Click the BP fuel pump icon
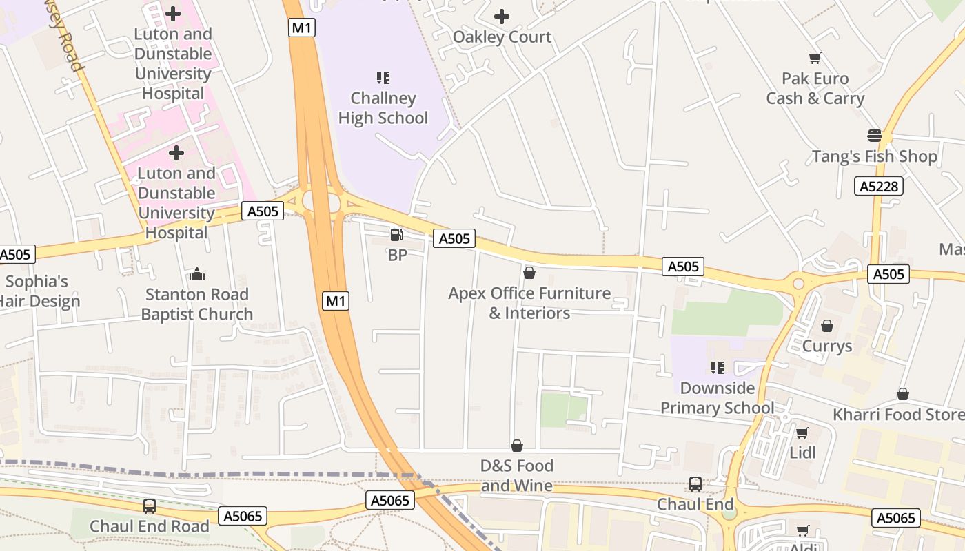pos(396,235)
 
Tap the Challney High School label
pos(383,108)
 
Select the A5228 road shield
pos(878,186)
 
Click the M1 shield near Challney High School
pos(301,28)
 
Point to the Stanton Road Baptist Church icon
pos(197,275)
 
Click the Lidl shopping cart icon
pos(802,433)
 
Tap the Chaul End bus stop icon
pos(695,484)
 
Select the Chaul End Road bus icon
pos(150,506)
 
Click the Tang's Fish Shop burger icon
pos(875,136)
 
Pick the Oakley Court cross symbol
pos(502,17)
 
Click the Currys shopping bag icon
pos(827,326)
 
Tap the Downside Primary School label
pos(717,398)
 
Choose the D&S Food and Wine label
pos(516,476)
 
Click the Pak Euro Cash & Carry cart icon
pos(815,59)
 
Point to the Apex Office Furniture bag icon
pos(529,273)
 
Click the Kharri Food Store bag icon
pos(902,394)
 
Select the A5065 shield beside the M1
pos(391,501)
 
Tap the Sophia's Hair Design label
pos(39,291)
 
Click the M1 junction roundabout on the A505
pos(322,202)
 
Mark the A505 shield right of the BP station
pos(454,239)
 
